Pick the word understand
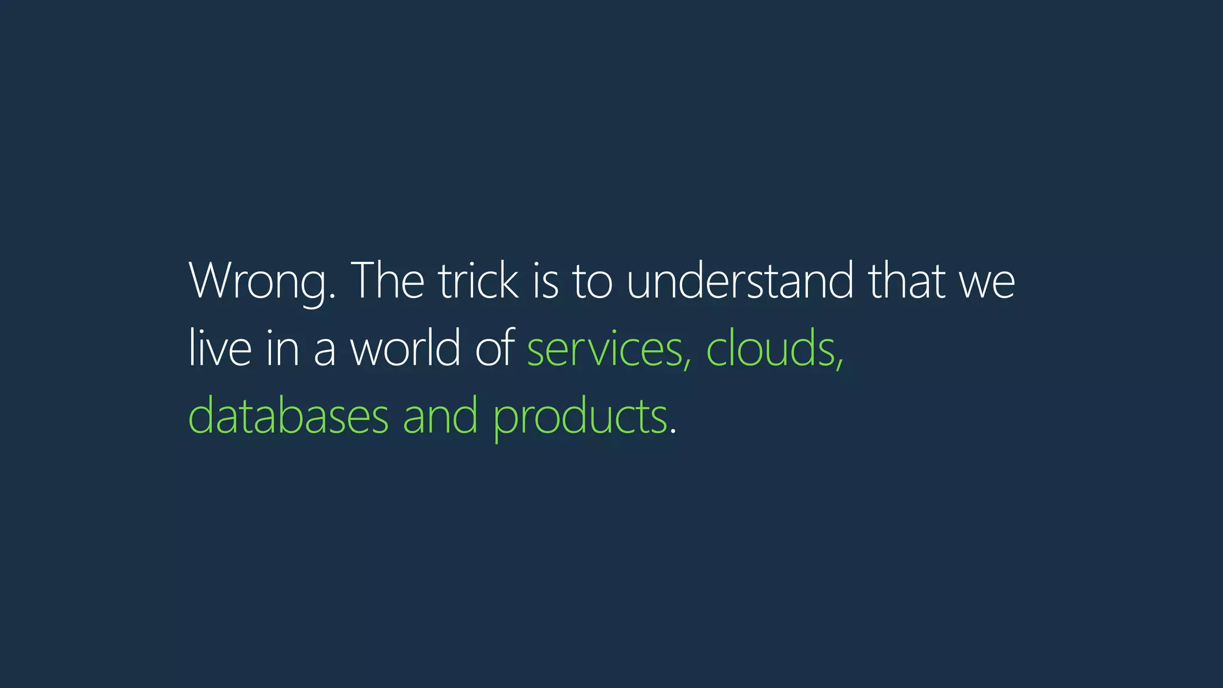740,281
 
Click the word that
907,281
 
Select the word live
220,348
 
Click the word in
282,348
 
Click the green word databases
288,416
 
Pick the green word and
440,416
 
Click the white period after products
673,432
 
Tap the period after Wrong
332,297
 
